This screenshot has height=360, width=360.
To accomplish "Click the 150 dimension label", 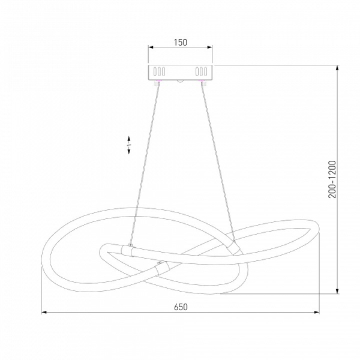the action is [181, 42].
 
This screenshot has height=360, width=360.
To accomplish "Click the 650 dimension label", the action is [181, 307].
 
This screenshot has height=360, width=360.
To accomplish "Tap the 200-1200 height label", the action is [332, 179].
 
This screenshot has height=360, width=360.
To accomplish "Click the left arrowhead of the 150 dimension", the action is [151, 47].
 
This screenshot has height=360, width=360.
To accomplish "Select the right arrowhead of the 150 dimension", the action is [209, 47].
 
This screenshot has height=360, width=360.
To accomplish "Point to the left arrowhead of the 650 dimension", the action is [44, 312].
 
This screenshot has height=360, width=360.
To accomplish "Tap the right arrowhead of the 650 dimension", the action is [317, 312].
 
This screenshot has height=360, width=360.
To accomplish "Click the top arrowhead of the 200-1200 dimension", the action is [337, 68].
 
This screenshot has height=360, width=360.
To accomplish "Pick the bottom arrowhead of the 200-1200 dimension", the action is [337, 290].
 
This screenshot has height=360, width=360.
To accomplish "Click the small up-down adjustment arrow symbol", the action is [129, 145].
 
